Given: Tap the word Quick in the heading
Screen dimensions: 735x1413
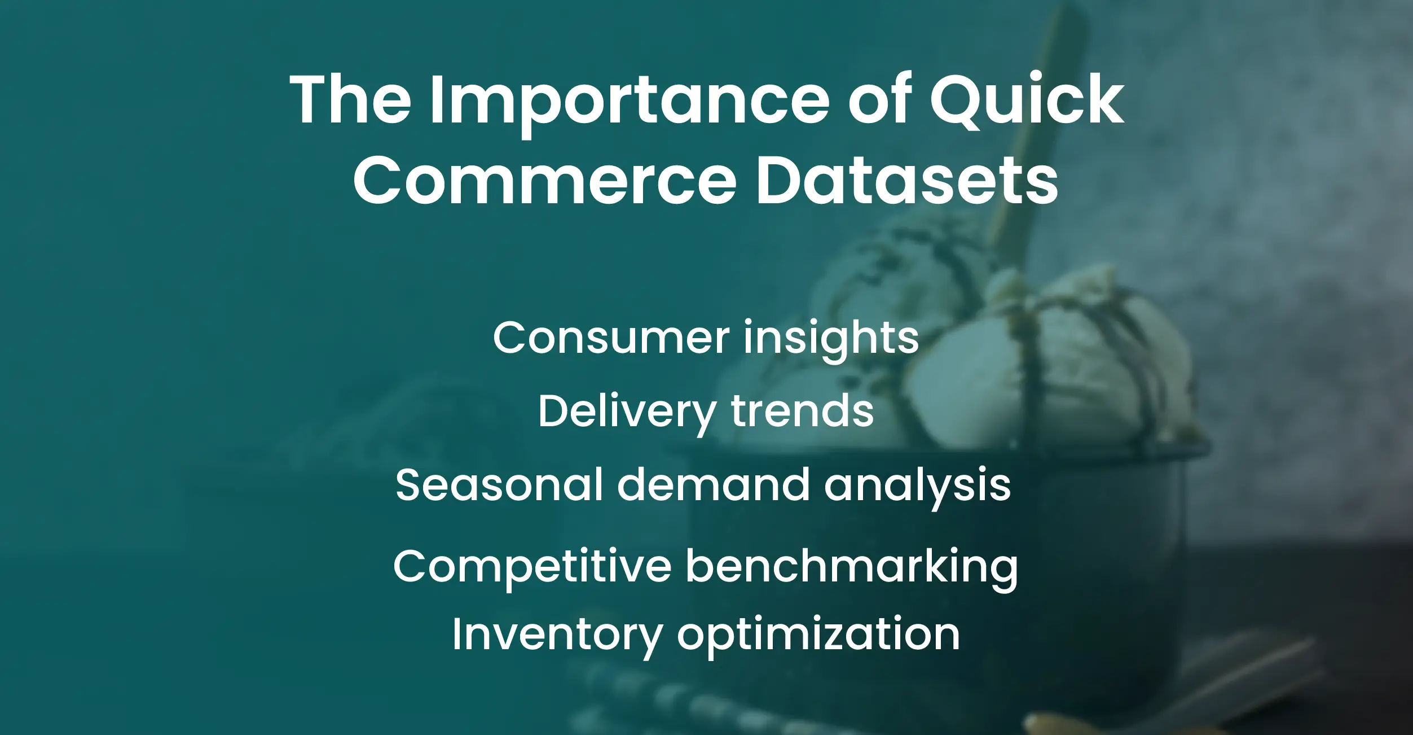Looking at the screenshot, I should tap(1027, 100).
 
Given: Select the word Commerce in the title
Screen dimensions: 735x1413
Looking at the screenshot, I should tap(545, 181).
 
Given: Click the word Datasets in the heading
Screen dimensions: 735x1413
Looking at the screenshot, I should tap(906, 181).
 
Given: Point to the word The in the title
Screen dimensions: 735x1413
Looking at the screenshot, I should tap(350, 100).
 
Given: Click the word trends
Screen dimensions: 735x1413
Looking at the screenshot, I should tap(802, 411).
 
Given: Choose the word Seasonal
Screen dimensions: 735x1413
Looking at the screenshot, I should tap(499, 485).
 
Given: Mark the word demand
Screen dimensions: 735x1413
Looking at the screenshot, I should tap(713, 485).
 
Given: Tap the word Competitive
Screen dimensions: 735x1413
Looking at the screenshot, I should tap(532, 567).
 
